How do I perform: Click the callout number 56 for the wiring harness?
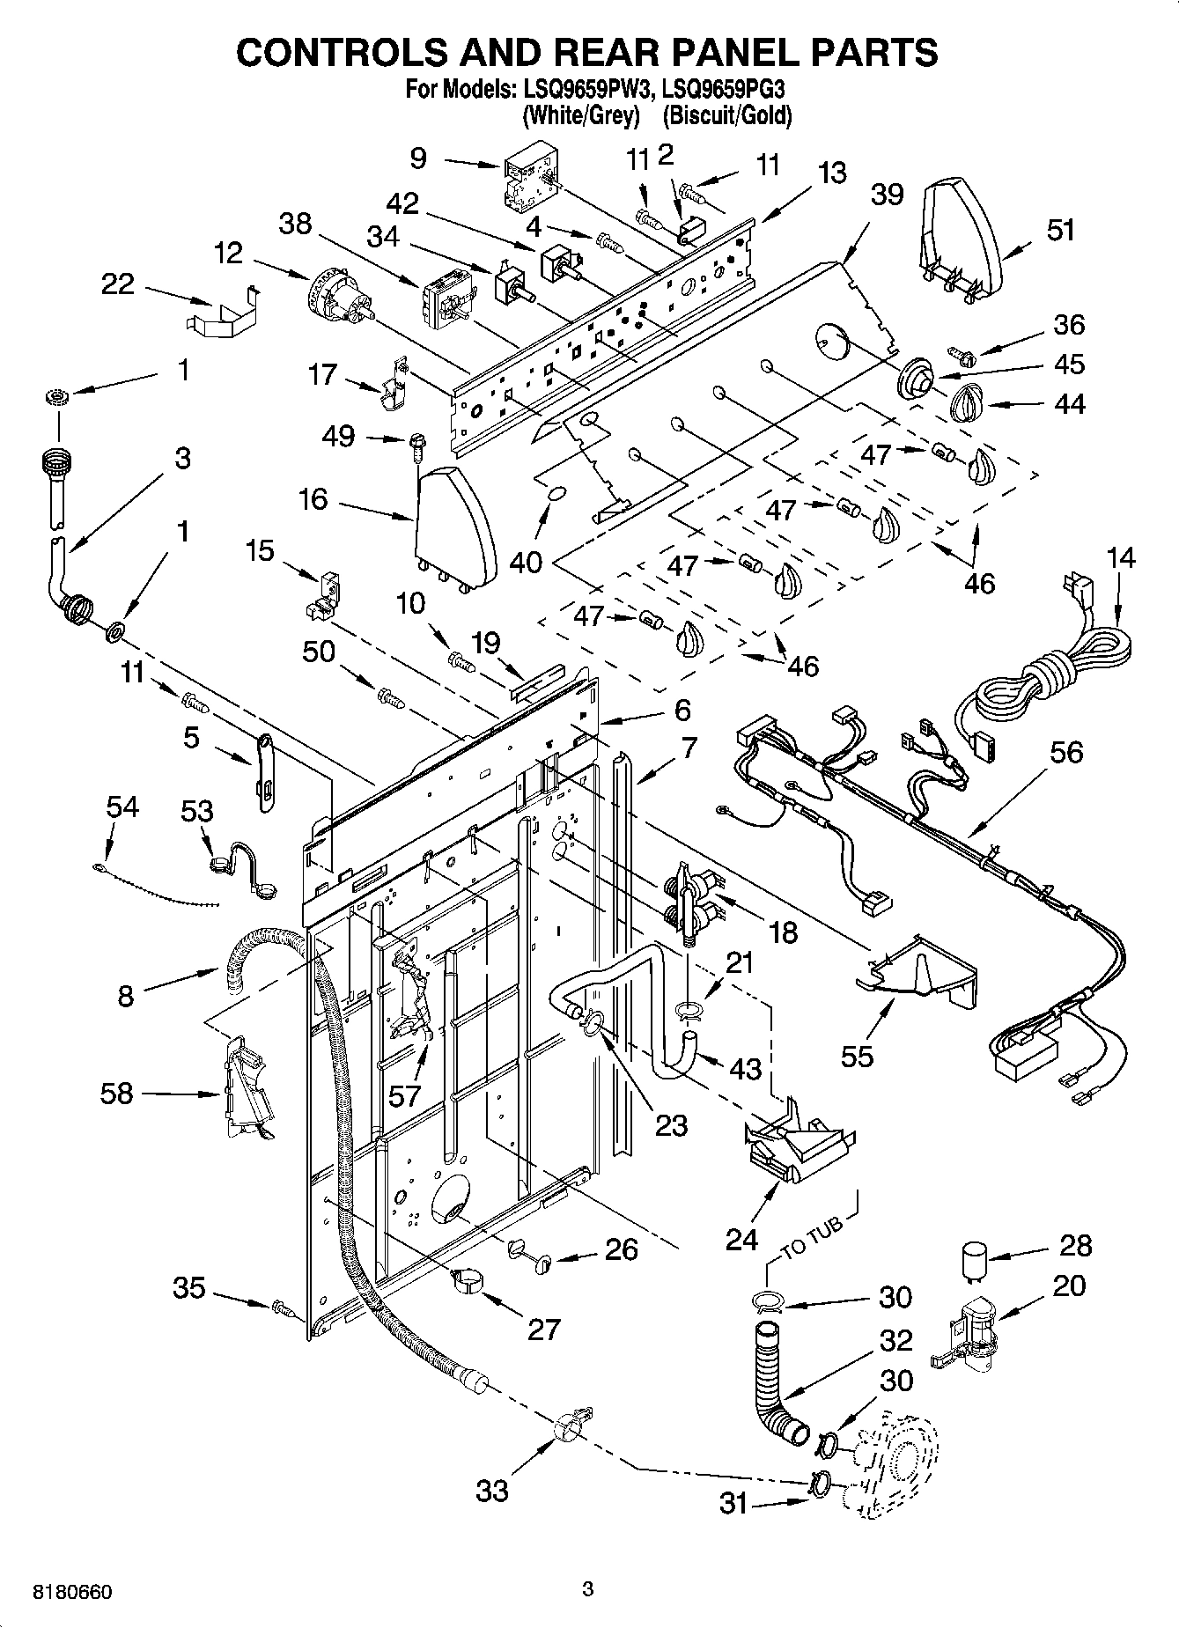(x=1065, y=753)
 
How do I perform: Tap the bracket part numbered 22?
(x=224, y=313)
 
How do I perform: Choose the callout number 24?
(x=741, y=1239)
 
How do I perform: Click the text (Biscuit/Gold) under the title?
(x=726, y=115)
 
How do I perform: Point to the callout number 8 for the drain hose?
(x=126, y=996)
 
